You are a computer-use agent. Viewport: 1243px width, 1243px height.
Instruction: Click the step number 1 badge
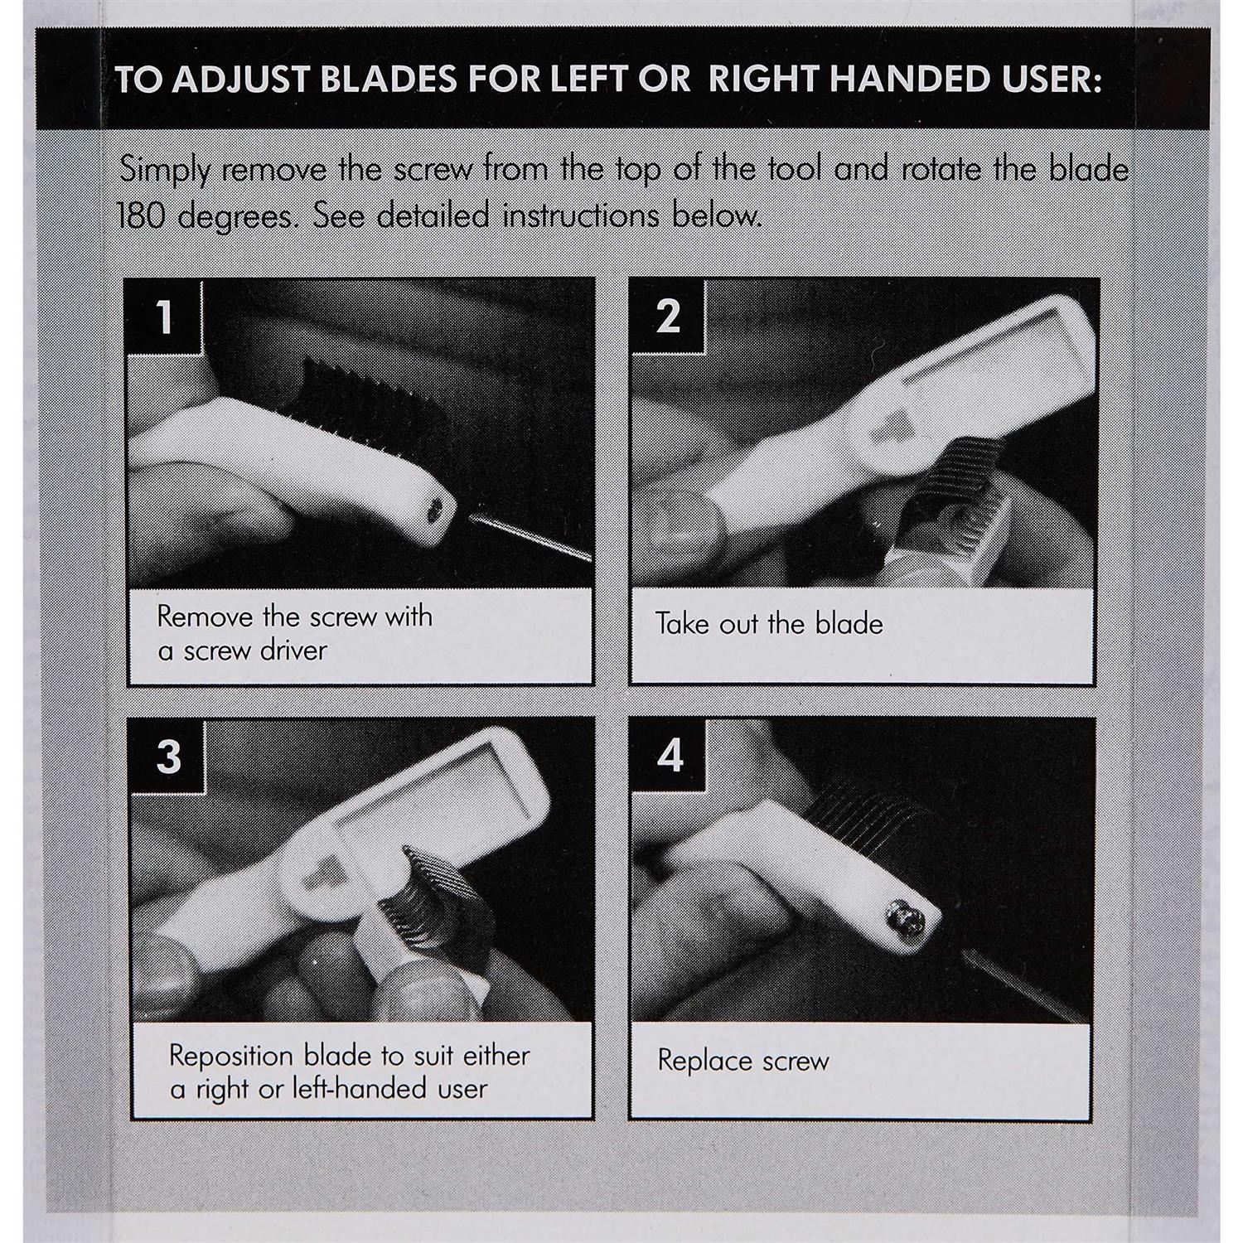click(x=164, y=317)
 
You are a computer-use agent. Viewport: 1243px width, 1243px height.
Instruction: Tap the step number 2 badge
click(x=668, y=317)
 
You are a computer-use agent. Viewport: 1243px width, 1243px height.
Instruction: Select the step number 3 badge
click(x=168, y=756)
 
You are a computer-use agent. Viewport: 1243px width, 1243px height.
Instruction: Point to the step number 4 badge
click(x=670, y=756)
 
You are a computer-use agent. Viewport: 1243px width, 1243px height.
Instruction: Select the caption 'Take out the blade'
click(x=769, y=624)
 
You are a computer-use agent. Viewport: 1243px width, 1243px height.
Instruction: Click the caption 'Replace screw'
click(x=743, y=1062)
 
